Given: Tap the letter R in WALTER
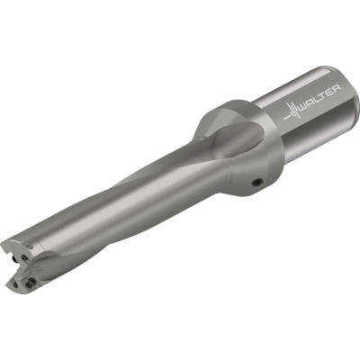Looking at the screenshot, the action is coord(337,89).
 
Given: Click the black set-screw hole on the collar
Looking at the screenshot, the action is coord(257,182).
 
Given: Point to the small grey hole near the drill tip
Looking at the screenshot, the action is coord(30,246).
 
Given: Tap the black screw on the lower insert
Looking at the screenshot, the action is coord(30,282).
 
